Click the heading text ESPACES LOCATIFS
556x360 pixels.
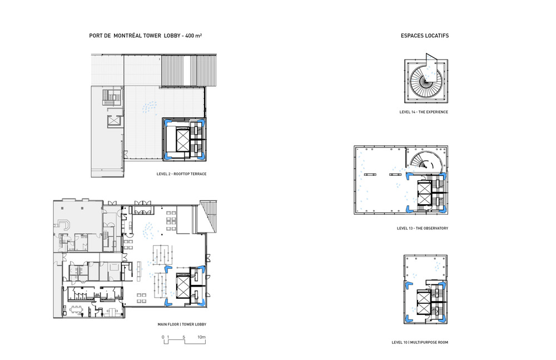pyautogui.click(x=424, y=36)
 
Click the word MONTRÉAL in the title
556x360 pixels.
pyautogui.click(x=127, y=36)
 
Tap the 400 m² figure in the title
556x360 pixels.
pyautogui.click(x=193, y=36)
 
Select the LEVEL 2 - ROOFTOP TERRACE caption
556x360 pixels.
pyautogui.click(x=182, y=174)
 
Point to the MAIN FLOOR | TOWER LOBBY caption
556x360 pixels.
pyautogui.click(x=182, y=324)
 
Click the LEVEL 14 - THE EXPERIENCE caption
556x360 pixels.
pyautogui.click(x=424, y=112)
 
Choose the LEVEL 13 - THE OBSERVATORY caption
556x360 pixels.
pyautogui.click(x=423, y=229)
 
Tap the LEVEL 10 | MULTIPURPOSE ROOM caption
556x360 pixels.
pyautogui.click(x=420, y=343)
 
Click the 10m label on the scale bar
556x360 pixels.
pyautogui.click(x=201, y=337)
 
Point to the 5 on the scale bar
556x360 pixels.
pyautogui.click(x=183, y=337)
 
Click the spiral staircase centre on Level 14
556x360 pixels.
pyautogui.click(x=425, y=81)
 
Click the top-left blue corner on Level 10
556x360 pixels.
pyautogui.click(x=408, y=285)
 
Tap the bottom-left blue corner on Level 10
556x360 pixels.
pyautogui.click(x=408, y=318)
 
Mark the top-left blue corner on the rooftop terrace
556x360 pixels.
pyautogui.click(x=167, y=122)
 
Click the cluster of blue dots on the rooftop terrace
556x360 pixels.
pyautogui.click(x=150, y=107)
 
